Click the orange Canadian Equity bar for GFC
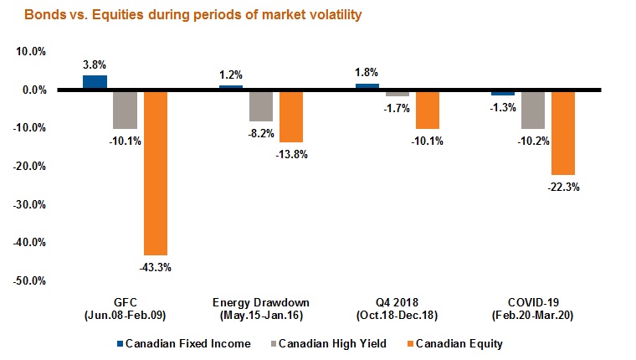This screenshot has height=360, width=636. (x=156, y=172)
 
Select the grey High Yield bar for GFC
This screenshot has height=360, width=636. (x=125, y=109)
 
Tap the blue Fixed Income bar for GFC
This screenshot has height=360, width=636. (x=95, y=82)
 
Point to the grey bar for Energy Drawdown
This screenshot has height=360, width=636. (x=260, y=105)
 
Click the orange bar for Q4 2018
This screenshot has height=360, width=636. (x=427, y=109)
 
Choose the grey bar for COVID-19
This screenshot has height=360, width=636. (x=532, y=109)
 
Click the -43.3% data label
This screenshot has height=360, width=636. (x=156, y=267)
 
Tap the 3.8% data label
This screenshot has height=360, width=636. (x=94, y=64)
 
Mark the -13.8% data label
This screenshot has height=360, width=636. (x=292, y=154)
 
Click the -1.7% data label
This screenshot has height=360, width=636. (x=397, y=108)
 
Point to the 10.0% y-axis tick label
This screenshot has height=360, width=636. (x=30, y=51)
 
